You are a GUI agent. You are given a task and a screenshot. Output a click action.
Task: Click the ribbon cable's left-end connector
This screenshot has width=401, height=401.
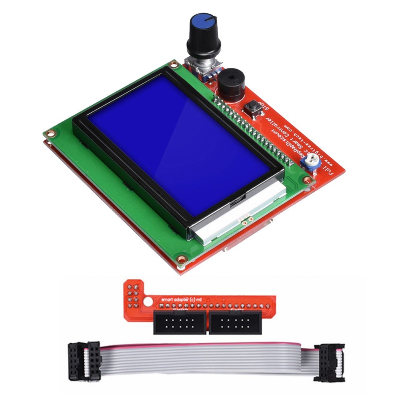(84, 360)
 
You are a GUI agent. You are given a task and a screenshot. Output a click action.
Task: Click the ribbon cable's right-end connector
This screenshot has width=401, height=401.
(329, 362)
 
